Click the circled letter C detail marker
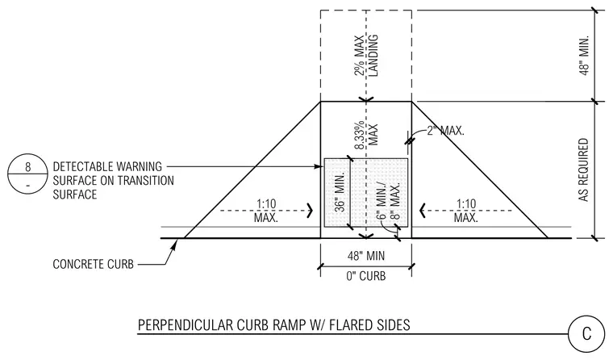(x=586, y=334)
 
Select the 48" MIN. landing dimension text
(x=584, y=56)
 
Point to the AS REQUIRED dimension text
(x=584, y=170)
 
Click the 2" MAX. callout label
(x=445, y=131)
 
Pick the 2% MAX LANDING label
(x=366, y=55)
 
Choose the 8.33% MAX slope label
(x=366, y=135)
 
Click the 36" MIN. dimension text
(x=340, y=192)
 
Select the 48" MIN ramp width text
(x=366, y=256)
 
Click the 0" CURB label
(x=366, y=276)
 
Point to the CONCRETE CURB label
(x=93, y=264)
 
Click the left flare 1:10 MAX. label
(x=266, y=211)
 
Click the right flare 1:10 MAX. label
(x=466, y=211)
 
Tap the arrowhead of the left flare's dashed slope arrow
(x=311, y=211)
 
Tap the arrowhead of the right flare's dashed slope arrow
(x=422, y=211)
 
